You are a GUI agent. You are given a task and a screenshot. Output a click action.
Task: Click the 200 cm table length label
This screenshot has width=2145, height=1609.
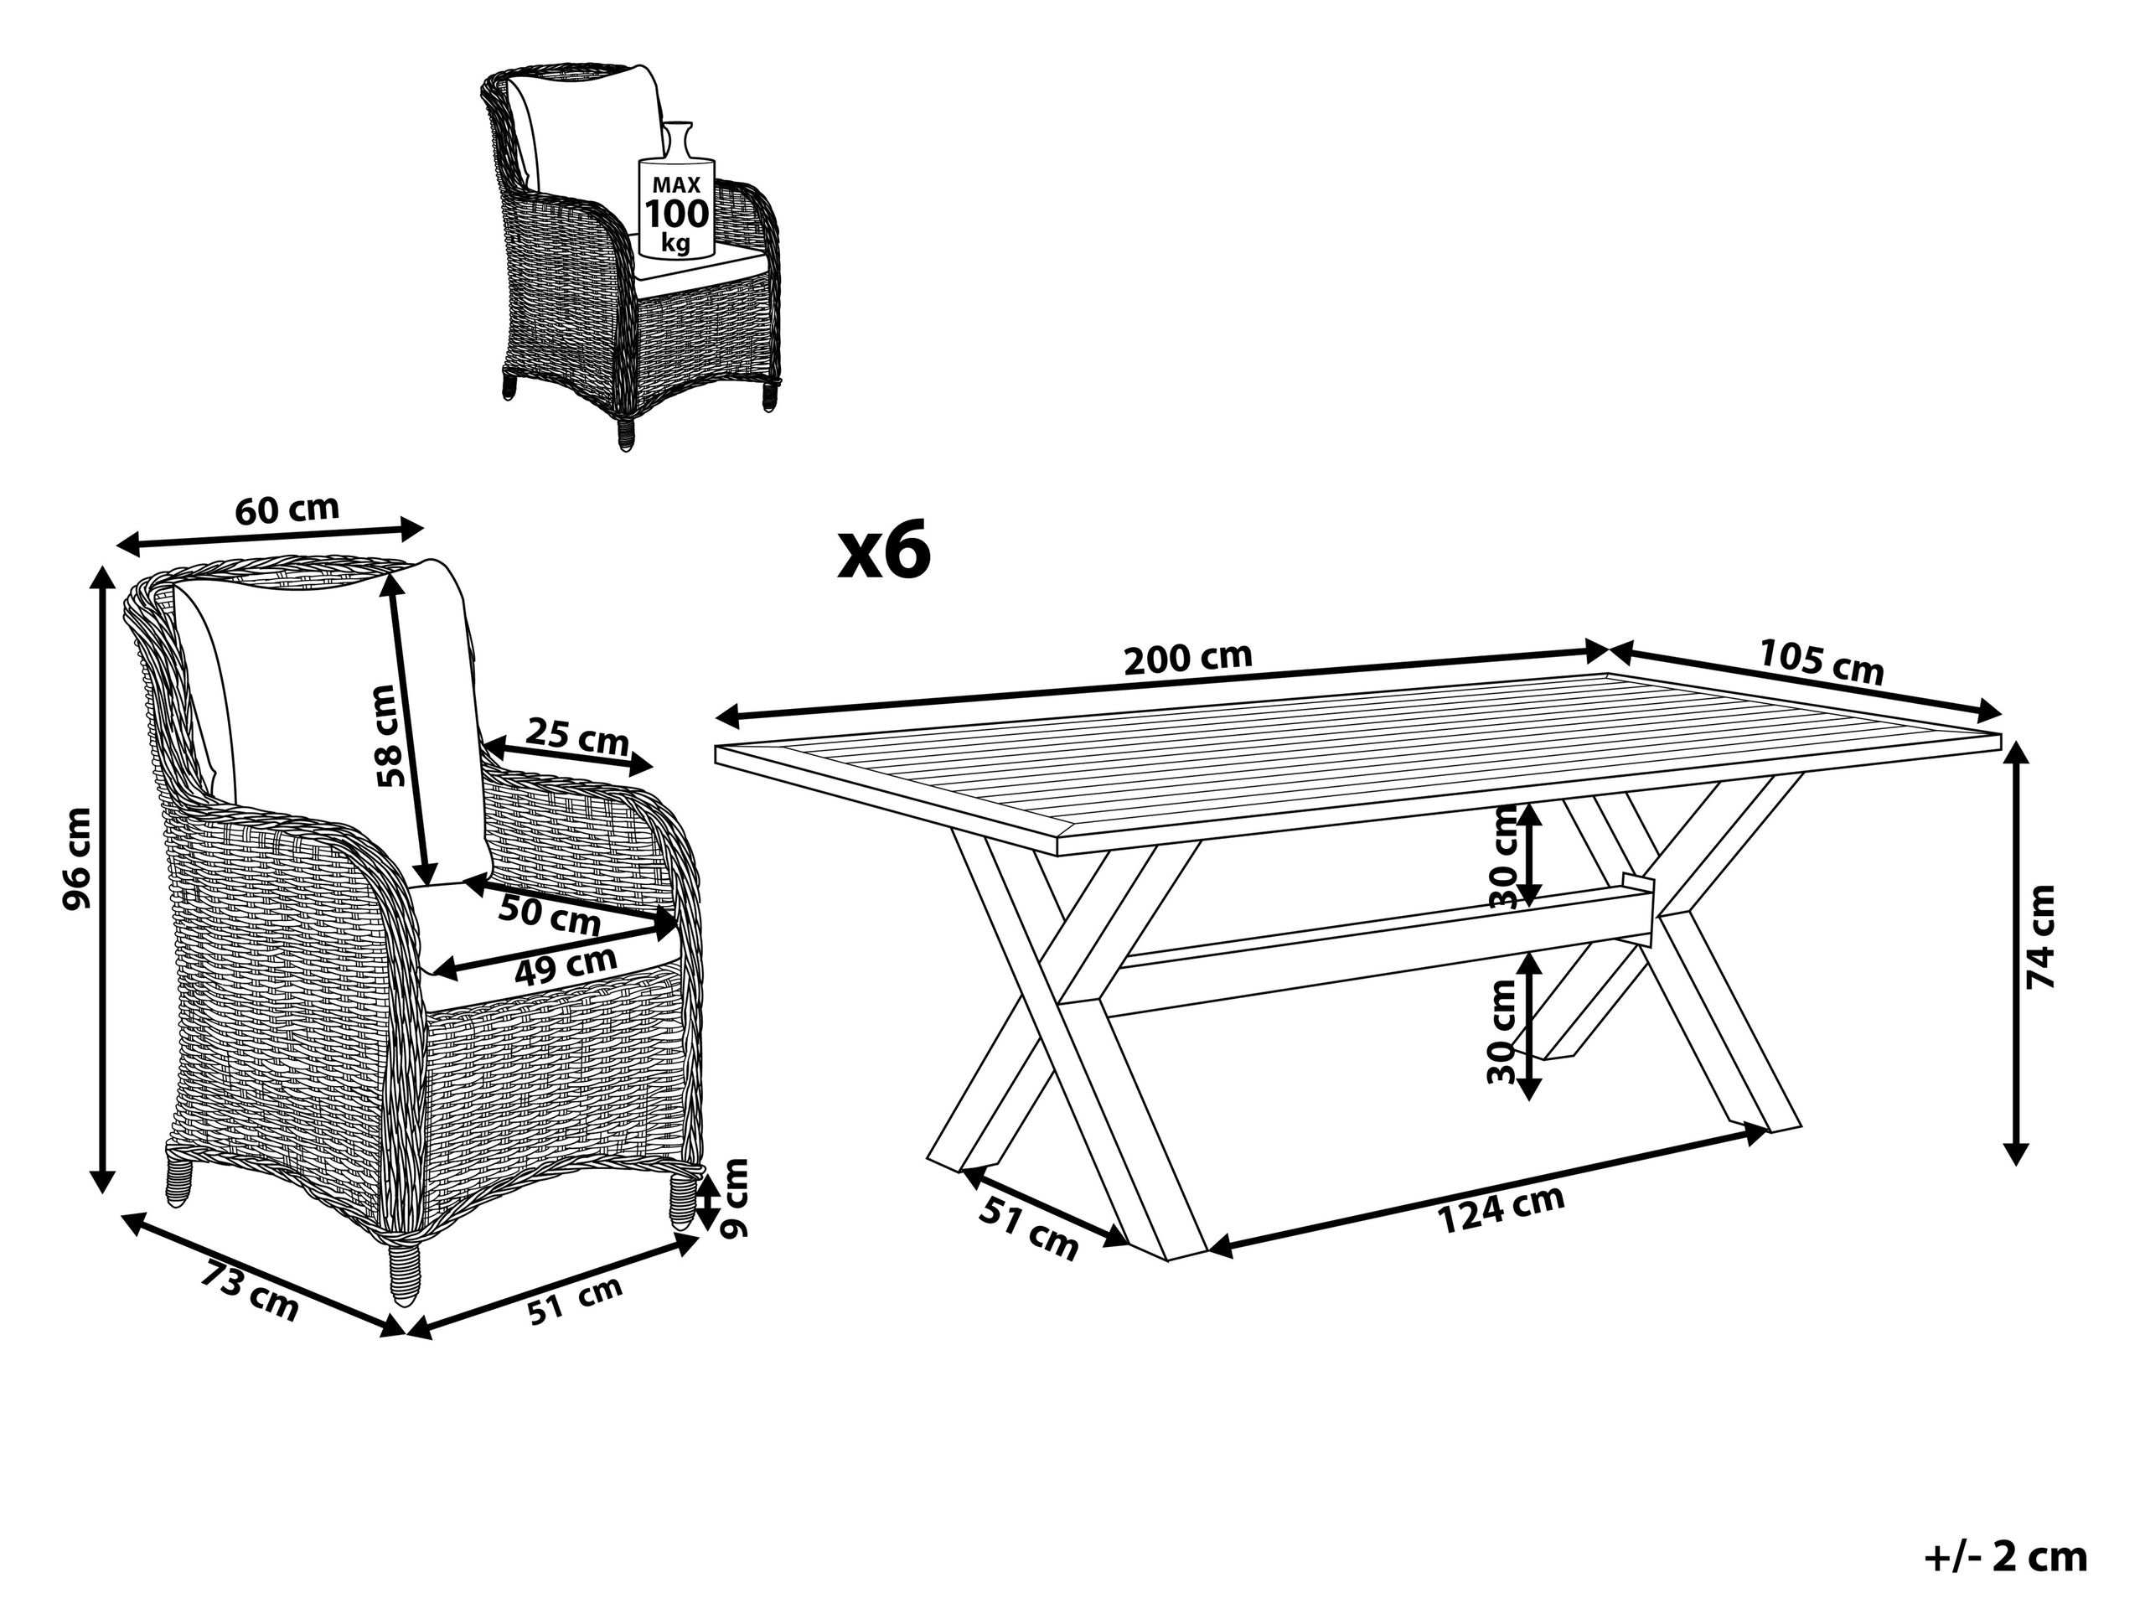coord(1187,660)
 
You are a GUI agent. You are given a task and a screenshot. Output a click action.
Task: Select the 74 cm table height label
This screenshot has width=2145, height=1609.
coord(2040,937)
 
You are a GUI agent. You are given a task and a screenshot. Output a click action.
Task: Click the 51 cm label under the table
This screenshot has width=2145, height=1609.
coord(1029,1229)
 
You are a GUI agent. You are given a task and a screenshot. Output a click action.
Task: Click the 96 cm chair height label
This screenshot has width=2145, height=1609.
coord(78,859)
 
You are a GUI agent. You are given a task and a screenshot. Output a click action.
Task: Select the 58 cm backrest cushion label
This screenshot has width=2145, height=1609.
coord(387,735)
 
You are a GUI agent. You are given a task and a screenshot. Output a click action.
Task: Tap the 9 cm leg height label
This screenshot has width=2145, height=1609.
coord(737,1198)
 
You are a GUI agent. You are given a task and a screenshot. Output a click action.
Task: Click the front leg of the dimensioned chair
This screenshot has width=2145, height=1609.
coord(405,1270)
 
